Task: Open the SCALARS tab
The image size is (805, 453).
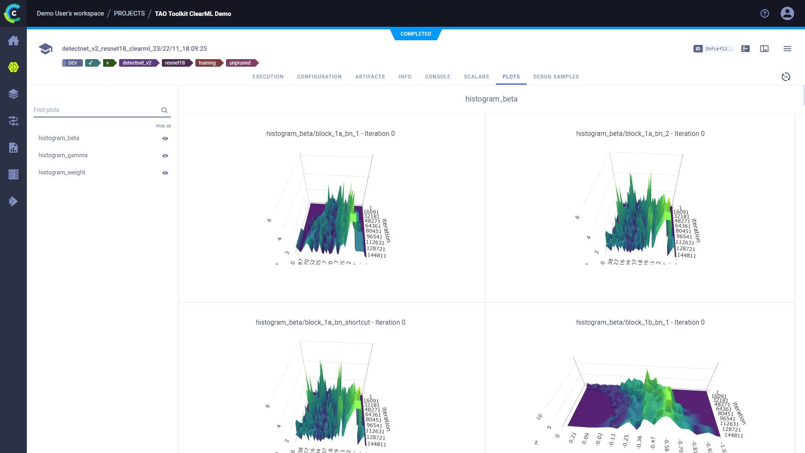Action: coord(476,77)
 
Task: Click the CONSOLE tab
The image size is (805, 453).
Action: coord(437,77)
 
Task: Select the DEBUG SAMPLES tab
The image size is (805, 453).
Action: coord(556,77)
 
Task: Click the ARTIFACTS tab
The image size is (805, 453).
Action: coord(370,77)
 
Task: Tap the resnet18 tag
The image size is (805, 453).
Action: coord(175,63)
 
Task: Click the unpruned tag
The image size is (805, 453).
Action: coord(240,63)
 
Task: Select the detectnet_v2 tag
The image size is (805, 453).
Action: coord(137,63)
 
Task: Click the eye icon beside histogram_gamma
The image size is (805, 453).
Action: coord(165,156)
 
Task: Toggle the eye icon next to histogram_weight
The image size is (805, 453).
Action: coord(165,173)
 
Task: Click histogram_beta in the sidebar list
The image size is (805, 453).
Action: coord(59,138)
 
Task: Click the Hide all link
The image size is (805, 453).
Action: coord(163,126)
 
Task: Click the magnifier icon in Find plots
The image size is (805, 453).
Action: coord(164,110)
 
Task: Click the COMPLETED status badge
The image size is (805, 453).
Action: coord(415,34)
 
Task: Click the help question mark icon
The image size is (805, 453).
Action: coord(765,13)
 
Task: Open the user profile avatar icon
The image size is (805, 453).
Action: coord(787,13)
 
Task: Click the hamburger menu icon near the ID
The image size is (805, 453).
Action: coord(787,49)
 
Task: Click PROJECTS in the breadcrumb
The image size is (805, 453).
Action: coord(129,13)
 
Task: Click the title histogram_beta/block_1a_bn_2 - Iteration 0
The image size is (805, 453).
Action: coord(640,134)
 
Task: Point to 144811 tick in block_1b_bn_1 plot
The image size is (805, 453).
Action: coord(734,435)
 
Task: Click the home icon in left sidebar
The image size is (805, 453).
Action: coord(13,41)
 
